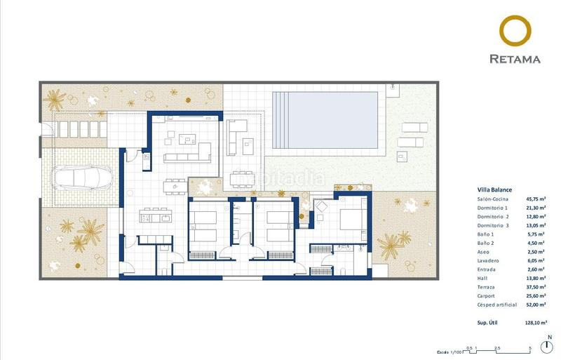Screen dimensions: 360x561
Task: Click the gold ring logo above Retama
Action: coord(520,32)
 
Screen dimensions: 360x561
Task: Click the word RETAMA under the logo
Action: coord(520,60)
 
